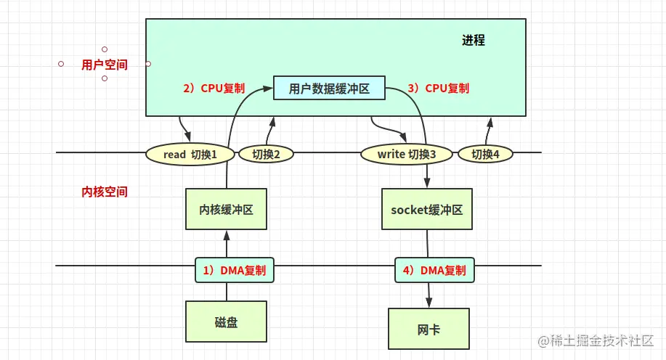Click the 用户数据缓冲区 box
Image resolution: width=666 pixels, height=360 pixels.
[x=329, y=89]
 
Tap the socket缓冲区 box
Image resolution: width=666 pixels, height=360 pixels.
[x=426, y=210]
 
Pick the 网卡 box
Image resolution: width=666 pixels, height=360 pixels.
[x=429, y=330]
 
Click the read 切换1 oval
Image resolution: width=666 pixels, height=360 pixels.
[x=191, y=154]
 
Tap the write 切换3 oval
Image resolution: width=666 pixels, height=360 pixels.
[x=407, y=154]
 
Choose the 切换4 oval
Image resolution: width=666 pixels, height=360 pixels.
[x=492, y=154]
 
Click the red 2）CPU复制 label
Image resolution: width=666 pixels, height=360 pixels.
[x=214, y=89]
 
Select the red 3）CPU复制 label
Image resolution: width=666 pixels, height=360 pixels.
[x=438, y=89]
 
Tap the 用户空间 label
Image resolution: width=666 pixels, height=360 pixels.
[x=105, y=65]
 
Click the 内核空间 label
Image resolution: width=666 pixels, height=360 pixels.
[x=105, y=192]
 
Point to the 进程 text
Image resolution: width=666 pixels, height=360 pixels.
[x=473, y=41]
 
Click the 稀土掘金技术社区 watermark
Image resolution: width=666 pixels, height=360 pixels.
[x=595, y=340]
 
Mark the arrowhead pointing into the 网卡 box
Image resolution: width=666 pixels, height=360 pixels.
[x=429, y=304]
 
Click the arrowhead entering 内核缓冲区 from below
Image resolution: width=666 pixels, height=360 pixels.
[x=227, y=235]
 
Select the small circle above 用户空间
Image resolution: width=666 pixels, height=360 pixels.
[x=105, y=49]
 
